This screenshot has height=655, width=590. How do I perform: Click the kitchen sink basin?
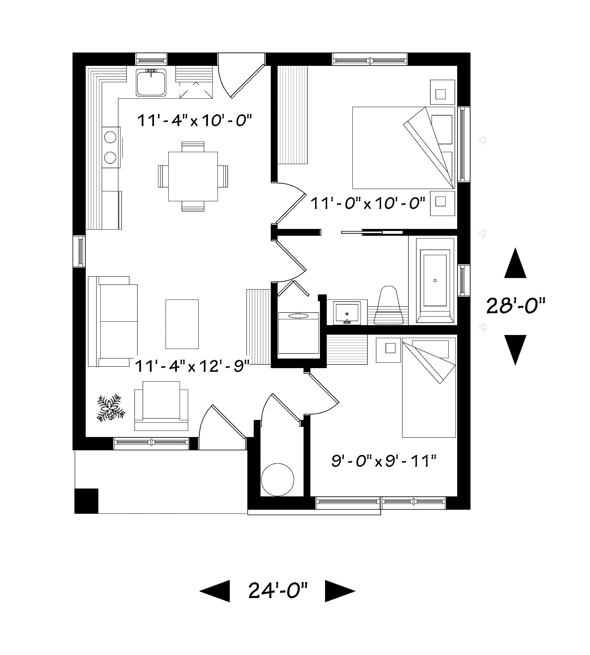point(151,82)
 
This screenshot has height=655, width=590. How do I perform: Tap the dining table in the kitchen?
point(193,176)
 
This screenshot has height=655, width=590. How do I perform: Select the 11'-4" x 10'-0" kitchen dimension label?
point(195,121)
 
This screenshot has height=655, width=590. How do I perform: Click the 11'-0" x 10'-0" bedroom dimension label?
point(368,204)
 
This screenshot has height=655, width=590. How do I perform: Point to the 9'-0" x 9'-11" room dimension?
point(384,461)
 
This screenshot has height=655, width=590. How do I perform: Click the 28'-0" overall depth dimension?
point(516,306)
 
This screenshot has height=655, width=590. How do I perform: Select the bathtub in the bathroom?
point(435,280)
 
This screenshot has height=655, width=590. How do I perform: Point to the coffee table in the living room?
point(182,324)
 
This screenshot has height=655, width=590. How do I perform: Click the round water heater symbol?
point(277,479)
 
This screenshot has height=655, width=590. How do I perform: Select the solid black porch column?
point(86,501)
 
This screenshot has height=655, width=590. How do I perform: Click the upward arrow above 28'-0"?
point(515,263)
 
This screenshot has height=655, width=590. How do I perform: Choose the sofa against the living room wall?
point(113,321)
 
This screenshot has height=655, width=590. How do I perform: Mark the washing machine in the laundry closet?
point(298,333)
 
